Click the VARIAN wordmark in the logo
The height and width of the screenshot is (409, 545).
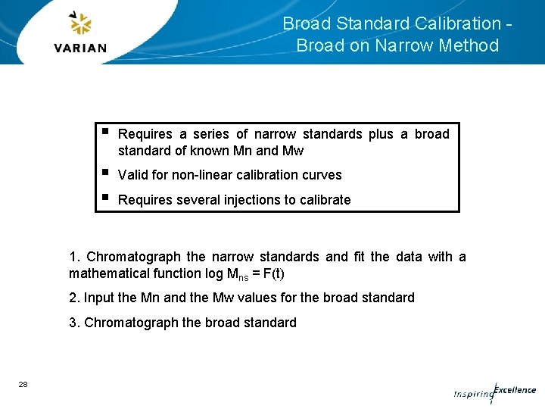80,48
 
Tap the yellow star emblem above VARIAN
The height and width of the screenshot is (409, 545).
80,24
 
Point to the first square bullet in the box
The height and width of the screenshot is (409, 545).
105,132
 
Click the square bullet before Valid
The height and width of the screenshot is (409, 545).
105,173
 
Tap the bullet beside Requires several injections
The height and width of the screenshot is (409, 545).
105,198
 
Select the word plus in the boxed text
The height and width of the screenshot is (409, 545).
381,134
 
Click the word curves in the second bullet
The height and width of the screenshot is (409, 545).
322,175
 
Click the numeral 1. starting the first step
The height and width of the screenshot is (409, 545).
74,257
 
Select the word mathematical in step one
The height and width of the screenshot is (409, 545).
106,273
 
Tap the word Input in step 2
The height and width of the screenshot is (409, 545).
98,298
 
